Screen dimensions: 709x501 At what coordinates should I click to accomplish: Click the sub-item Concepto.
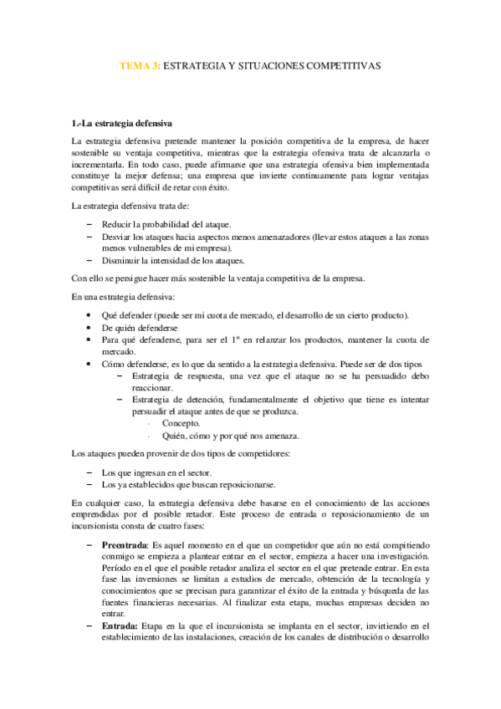point(181,423)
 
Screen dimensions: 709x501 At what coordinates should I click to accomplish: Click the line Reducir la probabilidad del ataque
point(166,224)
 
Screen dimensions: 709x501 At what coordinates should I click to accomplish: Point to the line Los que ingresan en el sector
point(156,472)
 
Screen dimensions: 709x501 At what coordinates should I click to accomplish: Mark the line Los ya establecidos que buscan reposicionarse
point(187,484)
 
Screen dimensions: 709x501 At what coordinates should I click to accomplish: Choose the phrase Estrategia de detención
point(177,400)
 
